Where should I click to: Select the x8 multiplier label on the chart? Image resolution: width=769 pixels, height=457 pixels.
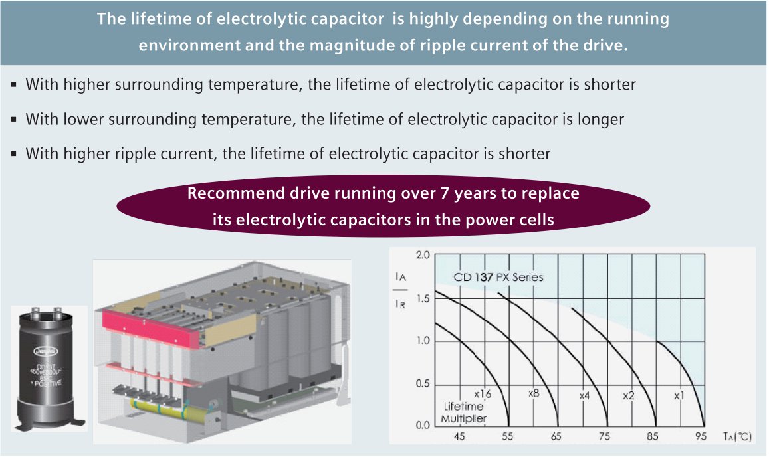click(x=533, y=393)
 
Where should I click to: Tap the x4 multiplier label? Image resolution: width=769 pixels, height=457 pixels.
click(x=584, y=395)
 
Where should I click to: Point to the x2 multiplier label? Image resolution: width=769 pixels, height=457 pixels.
click(x=628, y=395)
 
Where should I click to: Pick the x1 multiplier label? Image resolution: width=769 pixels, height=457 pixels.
click(x=679, y=395)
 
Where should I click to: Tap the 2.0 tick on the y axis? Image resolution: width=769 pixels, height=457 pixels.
click(x=423, y=256)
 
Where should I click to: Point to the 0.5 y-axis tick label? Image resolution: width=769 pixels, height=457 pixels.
click(x=423, y=384)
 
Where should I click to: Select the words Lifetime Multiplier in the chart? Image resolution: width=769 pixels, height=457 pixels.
click(x=463, y=412)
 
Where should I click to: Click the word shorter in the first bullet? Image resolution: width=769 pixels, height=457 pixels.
click(x=607, y=85)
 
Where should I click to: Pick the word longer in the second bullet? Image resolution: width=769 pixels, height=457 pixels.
click(x=601, y=120)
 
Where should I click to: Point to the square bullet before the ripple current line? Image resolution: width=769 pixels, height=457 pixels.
click(x=14, y=154)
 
